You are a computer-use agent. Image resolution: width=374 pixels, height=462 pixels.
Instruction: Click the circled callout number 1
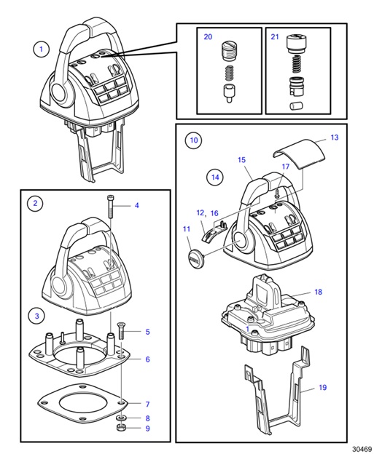41,49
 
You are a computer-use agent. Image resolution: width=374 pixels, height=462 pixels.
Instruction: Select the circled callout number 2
34,204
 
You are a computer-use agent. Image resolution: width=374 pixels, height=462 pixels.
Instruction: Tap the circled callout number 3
34,315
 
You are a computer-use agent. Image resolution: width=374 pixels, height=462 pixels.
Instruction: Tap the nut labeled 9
122,429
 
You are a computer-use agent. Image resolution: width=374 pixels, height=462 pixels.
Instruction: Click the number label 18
317,292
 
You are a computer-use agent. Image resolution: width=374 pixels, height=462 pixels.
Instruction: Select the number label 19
323,389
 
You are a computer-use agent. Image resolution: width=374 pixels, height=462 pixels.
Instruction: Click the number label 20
208,36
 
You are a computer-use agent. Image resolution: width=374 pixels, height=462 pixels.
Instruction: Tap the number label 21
275,36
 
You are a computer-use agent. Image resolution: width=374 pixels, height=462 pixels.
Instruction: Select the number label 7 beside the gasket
147,404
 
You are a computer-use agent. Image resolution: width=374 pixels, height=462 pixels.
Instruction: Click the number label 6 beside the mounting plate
147,359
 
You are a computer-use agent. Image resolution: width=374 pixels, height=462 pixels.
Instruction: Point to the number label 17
286,167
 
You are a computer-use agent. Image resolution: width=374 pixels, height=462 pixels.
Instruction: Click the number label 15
241,159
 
